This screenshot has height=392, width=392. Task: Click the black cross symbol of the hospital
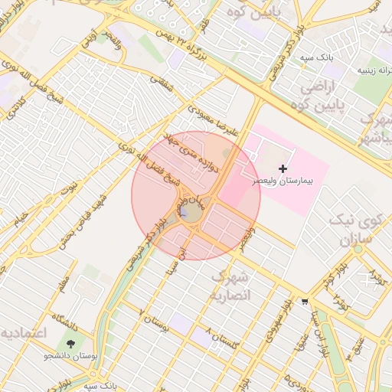coord(283,168)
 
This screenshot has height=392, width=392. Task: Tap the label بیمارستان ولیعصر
coord(284,182)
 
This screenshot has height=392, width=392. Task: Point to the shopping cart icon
coord(305,301)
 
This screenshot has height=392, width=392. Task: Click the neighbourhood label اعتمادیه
coord(24,334)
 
